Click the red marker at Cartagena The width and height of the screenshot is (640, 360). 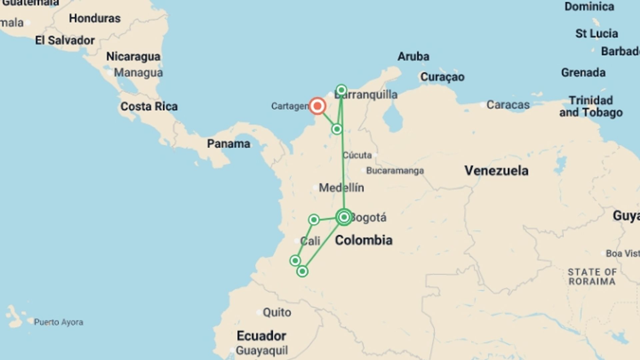pyautogui.click(x=317, y=106)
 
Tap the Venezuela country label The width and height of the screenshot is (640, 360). pyautogui.click(x=496, y=171)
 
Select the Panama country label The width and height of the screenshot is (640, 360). pyautogui.click(x=229, y=144)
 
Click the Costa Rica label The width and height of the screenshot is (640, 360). pyautogui.click(x=149, y=107)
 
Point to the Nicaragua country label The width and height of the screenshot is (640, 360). pyautogui.click(x=133, y=56)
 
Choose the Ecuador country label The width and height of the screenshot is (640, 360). pyautogui.click(x=261, y=336)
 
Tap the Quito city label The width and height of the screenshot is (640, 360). pyautogui.click(x=277, y=312)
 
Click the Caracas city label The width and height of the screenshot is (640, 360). pyautogui.click(x=508, y=105)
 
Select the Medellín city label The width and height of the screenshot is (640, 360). pyautogui.click(x=341, y=188)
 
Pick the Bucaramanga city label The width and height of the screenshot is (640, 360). pyautogui.click(x=395, y=171)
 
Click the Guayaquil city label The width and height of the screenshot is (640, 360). pyautogui.click(x=262, y=350)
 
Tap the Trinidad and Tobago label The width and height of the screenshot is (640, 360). pyautogui.click(x=591, y=106)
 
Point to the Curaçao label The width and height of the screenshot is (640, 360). pyautogui.click(x=442, y=77)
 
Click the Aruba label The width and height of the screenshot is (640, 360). pyautogui.click(x=413, y=56)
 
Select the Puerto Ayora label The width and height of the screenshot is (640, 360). pyautogui.click(x=59, y=322)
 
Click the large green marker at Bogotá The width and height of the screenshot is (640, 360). pyautogui.click(x=344, y=217)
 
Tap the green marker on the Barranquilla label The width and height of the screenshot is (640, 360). pyautogui.click(x=341, y=90)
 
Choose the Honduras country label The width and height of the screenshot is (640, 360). pyautogui.click(x=95, y=18)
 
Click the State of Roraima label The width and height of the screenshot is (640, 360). pyautogui.click(x=592, y=277)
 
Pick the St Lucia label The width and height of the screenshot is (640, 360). pyautogui.click(x=597, y=33)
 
